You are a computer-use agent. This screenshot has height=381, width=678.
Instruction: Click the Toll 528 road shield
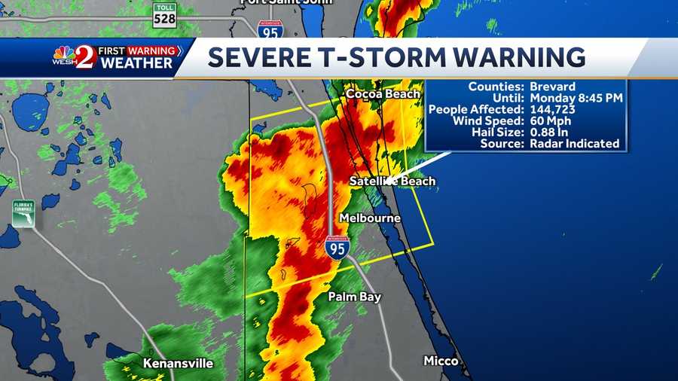click(164, 16)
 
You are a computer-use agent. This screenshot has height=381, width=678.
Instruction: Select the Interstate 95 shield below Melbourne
click(337, 248)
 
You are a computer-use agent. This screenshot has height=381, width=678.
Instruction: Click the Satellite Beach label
click(392, 181)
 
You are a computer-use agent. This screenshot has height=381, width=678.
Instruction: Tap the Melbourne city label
click(369, 218)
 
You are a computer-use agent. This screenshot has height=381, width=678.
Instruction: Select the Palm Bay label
click(354, 297)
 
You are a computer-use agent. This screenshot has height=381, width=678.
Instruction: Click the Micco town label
click(441, 361)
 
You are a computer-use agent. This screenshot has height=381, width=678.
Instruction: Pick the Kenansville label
click(178, 364)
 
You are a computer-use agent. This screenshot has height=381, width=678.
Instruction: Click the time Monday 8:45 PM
click(575, 98)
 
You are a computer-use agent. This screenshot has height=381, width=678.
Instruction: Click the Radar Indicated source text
click(575, 143)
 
